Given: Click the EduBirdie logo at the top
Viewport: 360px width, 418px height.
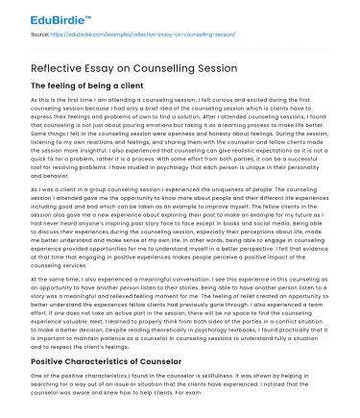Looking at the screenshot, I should [45, 18].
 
